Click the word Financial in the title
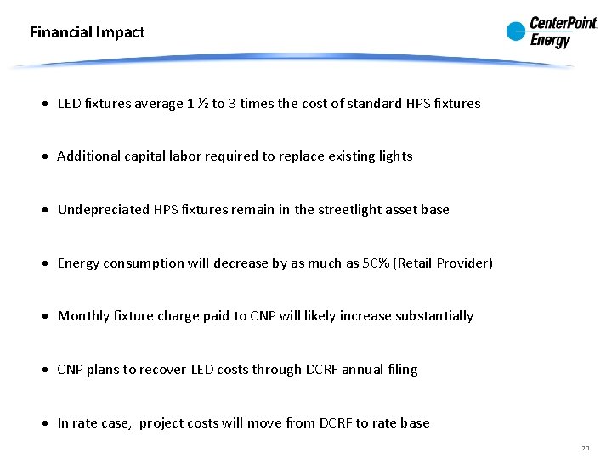point(59,33)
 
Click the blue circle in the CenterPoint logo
point(516,32)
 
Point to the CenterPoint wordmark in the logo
point(564,24)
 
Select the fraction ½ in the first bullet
point(203,104)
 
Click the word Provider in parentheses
point(464,263)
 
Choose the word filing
point(400,370)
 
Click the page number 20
point(586,448)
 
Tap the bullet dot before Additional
point(48,157)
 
